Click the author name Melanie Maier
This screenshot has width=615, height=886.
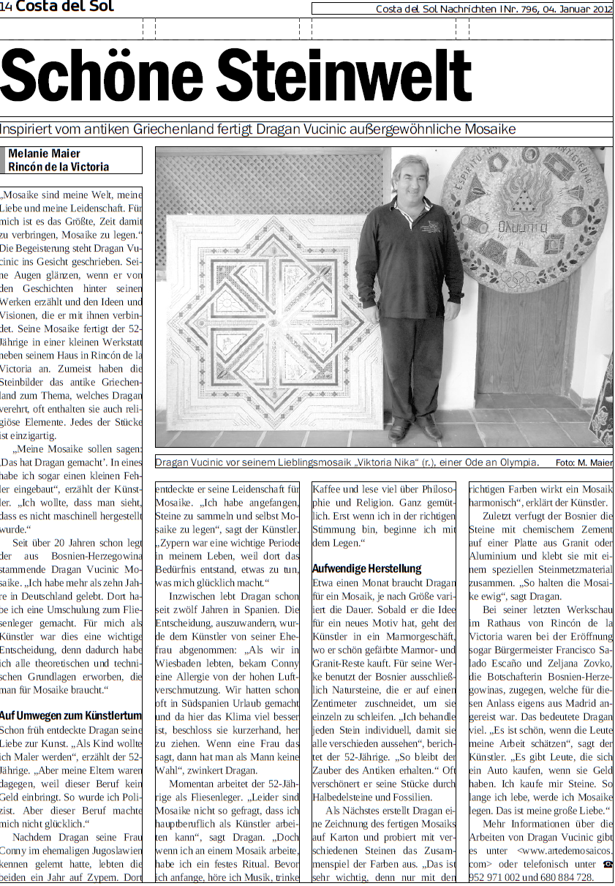(x=44, y=154)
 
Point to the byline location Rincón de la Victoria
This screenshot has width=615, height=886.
(x=59, y=167)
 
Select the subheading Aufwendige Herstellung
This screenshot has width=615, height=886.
(x=366, y=568)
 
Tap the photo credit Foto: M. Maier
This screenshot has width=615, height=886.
(x=584, y=462)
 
